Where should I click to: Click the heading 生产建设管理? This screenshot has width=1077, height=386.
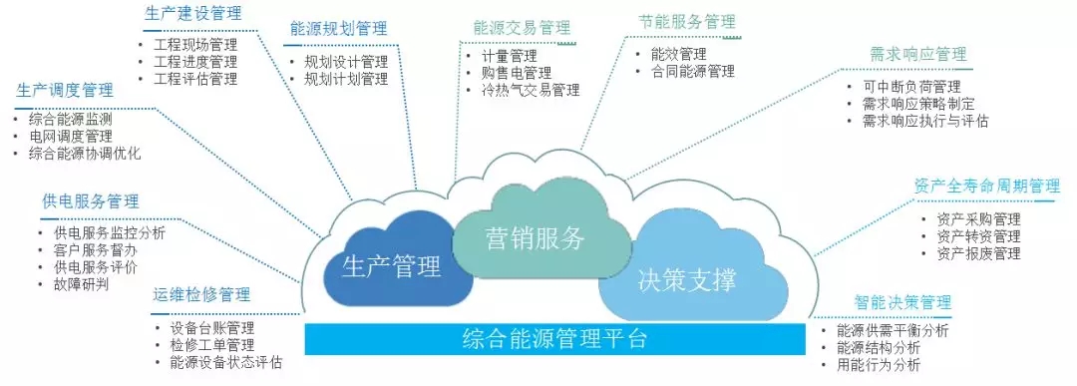193,13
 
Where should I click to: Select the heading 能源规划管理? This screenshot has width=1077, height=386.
339,29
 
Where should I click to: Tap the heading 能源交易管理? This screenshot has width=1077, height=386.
522,28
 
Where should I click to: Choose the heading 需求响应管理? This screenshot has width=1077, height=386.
918,54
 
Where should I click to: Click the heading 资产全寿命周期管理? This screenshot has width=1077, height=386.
987,187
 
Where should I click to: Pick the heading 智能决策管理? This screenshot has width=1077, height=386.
902,303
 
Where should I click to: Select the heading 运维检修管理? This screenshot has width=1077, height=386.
201,295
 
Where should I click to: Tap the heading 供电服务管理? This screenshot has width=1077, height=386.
91,201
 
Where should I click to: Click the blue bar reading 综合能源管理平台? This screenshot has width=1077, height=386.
555,339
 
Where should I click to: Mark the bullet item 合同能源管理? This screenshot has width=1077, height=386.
693,71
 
